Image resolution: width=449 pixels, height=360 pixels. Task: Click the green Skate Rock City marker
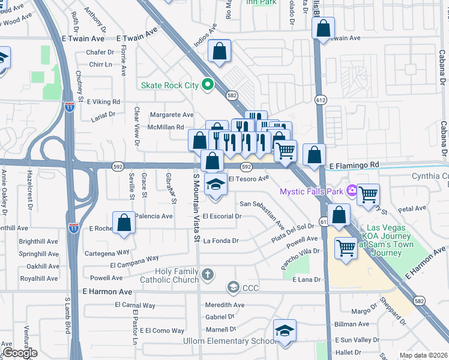[208, 85]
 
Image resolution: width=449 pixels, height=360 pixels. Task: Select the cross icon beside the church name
[208, 275]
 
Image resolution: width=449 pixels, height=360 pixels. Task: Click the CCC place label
[250, 288]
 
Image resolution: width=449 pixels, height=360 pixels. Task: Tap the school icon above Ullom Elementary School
[285, 331]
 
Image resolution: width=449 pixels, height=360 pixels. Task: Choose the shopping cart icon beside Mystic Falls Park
[367, 194]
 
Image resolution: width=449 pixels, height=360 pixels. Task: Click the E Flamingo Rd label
[354, 164]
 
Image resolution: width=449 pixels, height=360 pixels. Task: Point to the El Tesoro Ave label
[249, 179]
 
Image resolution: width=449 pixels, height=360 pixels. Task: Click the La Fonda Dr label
[221, 241]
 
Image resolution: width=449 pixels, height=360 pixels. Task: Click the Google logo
[20, 353]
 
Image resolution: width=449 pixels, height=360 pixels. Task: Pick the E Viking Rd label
[103, 102]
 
